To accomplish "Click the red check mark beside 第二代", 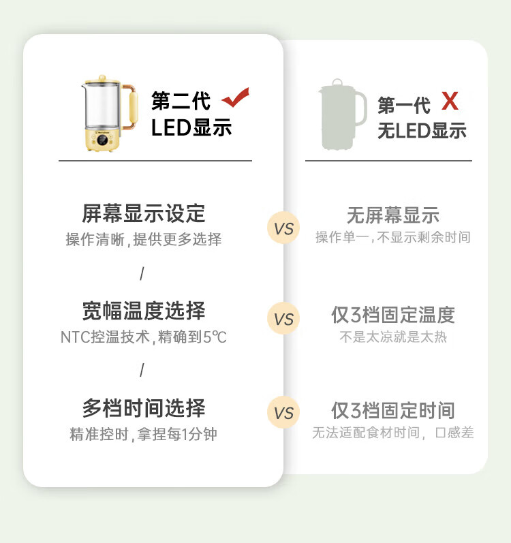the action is coord(236,98).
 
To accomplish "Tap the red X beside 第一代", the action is coord(450,102).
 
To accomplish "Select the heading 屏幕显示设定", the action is coord(144,213).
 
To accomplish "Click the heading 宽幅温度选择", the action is coord(144,311).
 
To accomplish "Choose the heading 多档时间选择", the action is coord(144,409).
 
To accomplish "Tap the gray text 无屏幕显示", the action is coord(393,215).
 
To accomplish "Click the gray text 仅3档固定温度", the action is coord(393,315).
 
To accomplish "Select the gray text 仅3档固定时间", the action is coord(393,411).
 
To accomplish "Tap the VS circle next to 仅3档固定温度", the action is coord(283,319).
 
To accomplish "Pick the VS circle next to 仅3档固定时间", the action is coord(283,412).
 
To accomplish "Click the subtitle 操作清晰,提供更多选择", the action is coord(144,240).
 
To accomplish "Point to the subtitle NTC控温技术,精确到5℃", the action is coord(144,337).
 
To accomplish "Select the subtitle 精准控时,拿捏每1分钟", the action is coord(144,434).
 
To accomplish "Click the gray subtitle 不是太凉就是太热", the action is coord(393,337).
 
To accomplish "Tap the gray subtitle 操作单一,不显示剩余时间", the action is coord(393,238).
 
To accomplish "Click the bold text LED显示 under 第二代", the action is coord(191,127).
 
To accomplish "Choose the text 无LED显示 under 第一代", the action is coord(422,130).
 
